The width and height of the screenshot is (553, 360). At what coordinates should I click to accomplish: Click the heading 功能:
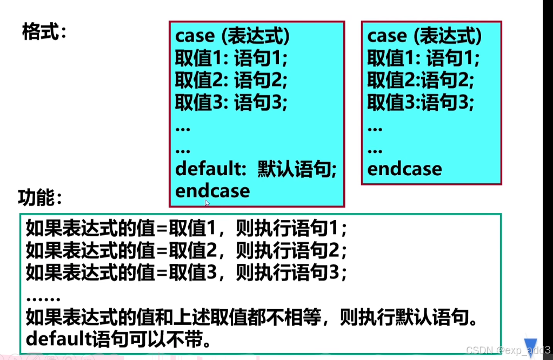tap(40, 198)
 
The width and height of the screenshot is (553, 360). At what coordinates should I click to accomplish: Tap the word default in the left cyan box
tap(206, 169)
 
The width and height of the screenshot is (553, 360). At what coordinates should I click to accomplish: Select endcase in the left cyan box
tap(212, 190)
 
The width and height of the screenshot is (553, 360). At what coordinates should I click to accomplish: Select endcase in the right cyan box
tap(404, 169)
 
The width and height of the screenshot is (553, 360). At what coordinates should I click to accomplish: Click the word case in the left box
tap(195, 36)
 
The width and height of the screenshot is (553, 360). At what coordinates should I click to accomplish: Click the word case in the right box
tap(387, 36)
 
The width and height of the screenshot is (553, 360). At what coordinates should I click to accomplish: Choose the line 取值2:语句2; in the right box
tap(421, 81)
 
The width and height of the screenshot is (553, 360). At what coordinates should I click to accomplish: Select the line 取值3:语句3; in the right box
tap(421, 102)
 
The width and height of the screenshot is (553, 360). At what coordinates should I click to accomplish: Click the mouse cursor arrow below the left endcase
tap(207, 203)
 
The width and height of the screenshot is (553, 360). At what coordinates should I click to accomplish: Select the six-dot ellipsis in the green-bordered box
tap(43, 297)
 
